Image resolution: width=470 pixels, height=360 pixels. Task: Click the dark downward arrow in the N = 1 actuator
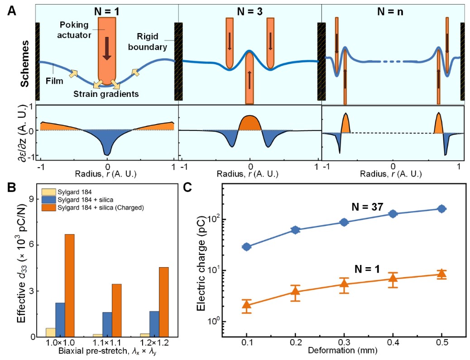tap(107, 48)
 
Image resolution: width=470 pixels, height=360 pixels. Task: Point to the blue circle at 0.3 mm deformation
tap(344, 222)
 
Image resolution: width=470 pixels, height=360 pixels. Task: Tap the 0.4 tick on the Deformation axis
tap(393, 342)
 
